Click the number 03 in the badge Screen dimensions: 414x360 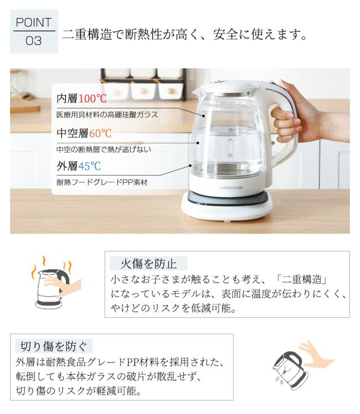pyautogui.click(x=34, y=42)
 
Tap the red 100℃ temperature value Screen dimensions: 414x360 pyautogui.click(x=92, y=99)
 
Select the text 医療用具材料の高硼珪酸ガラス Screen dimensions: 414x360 pyautogui.click(x=107, y=115)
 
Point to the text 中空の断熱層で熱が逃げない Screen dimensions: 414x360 pyautogui.click(x=103, y=149)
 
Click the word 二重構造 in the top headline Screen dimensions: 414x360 pyautogui.click(x=87, y=34)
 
